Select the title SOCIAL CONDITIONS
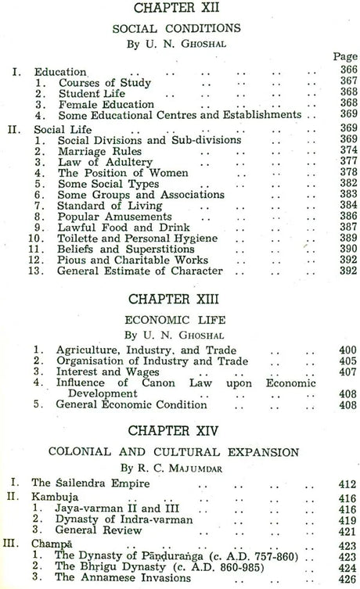click(x=181, y=27)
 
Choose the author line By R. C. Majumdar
click(x=180, y=469)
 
